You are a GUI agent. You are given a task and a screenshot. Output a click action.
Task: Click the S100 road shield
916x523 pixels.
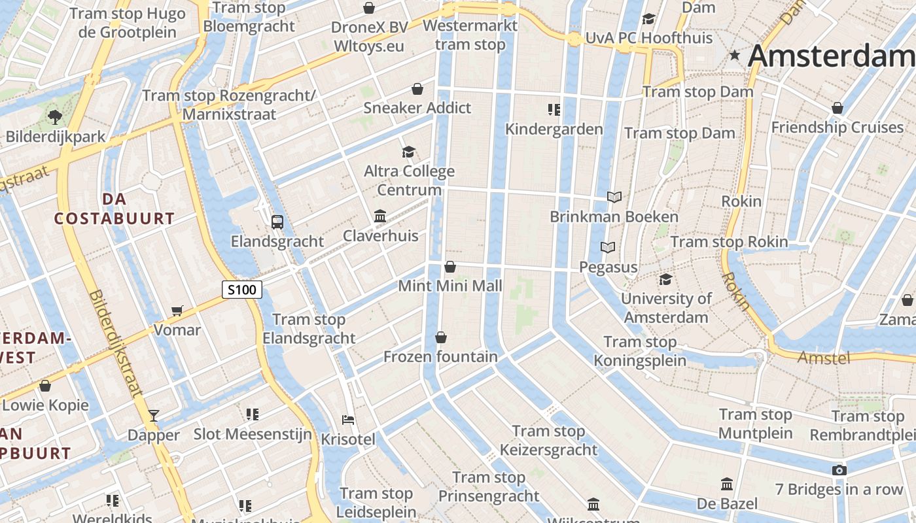pyautogui.click(x=242, y=289)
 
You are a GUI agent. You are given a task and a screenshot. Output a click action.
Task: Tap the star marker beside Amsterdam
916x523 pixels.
pyautogui.click(x=735, y=56)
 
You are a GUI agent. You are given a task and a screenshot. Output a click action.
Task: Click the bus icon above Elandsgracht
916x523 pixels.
pyautogui.click(x=277, y=222)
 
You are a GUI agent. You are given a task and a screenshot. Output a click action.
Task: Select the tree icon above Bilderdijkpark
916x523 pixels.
pyautogui.click(x=54, y=117)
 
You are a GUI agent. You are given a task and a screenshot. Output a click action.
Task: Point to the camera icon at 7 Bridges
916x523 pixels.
pyautogui.click(x=839, y=470)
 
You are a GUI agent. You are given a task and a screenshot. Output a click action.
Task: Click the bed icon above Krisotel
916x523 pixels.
pyautogui.click(x=348, y=420)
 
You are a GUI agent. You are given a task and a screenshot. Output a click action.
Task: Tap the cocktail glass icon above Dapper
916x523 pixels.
pyautogui.click(x=154, y=415)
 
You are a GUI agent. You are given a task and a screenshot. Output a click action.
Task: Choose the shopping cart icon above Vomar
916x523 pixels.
pyautogui.click(x=177, y=311)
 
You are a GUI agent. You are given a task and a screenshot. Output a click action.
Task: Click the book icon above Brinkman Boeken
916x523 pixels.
pyautogui.click(x=614, y=197)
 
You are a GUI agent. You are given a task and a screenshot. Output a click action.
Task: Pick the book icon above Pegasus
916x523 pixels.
pyautogui.click(x=608, y=248)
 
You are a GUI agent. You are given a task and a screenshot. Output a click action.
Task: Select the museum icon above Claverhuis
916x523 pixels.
pyautogui.click(x=380, y=216)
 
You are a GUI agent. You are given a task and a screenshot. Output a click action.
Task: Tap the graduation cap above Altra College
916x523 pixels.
pyautogui.click(x=409, y=152)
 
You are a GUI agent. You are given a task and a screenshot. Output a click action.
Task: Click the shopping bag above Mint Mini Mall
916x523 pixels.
pyautogui.click(x=450, y=267)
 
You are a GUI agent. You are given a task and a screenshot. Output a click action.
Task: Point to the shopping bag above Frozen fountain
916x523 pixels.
pyautogui.click(x=441, y=337)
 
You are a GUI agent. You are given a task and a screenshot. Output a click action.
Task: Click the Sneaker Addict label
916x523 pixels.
pyautogui.click(x=417, y=108)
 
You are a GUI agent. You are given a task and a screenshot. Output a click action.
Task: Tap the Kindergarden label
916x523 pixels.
pyautogui.click(x=554, y=129)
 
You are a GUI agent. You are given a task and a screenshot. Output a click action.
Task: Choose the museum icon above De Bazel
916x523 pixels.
pyautogui.click(x=726, y=484)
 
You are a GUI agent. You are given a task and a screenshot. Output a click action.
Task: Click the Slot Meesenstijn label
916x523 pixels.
pyautogui.click(x=253, y=434)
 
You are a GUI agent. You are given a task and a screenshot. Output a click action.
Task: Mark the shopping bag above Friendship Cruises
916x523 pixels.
pyautogui.click(x=837, y=108)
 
